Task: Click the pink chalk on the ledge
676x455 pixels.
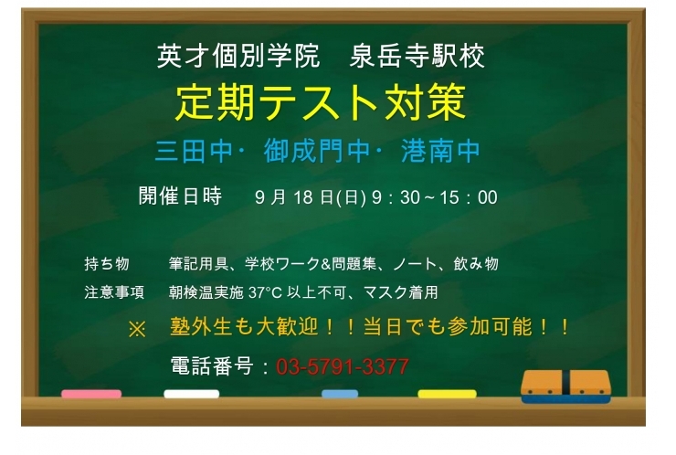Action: point(91,394)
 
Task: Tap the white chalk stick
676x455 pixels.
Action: point(191,394)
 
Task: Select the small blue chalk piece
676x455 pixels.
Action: point(340,394)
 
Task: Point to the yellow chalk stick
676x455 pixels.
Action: point(447,394)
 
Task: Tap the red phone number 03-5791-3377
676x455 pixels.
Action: point(342,367)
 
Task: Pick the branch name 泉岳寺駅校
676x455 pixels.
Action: point(417,57)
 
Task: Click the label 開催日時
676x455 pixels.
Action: point(180,196)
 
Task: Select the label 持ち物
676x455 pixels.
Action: point(107,264)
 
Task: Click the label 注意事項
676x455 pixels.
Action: point(114,293)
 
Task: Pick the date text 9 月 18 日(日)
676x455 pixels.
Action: point(312,197)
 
